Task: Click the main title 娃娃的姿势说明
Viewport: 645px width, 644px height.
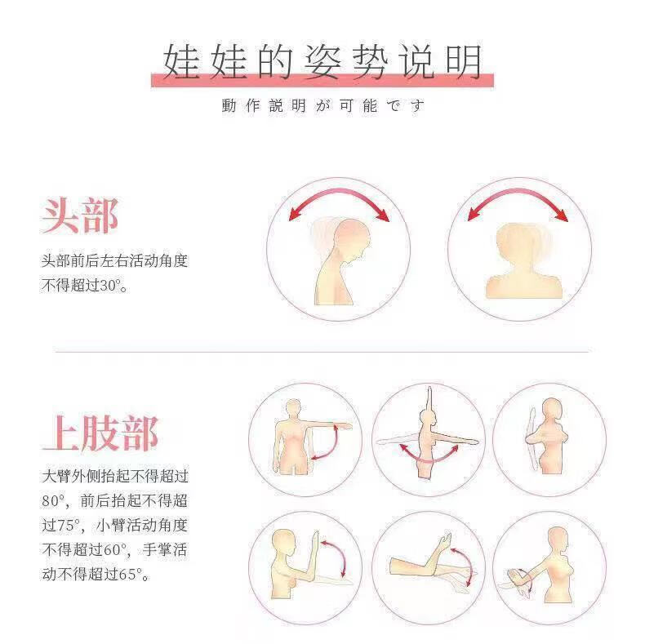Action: coord(322,61)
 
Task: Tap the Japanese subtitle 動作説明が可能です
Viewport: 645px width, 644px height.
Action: coord(322,106)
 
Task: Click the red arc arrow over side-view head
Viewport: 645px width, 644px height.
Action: coord(339,199)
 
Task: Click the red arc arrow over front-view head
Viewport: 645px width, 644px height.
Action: coord(518,199)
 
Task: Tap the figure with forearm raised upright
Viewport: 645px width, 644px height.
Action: coord(298,563)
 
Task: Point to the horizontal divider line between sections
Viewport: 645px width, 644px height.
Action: coord(322,352)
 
